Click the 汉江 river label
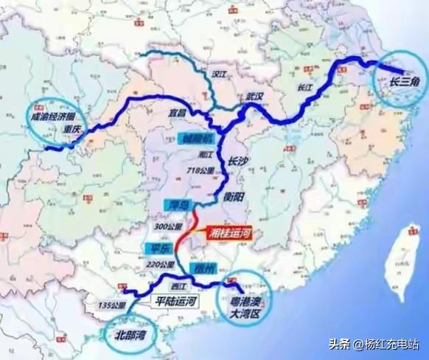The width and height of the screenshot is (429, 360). pos(217,75)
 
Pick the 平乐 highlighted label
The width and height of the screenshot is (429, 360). pos(155,249)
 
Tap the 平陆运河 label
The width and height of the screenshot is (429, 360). pos(175,300)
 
